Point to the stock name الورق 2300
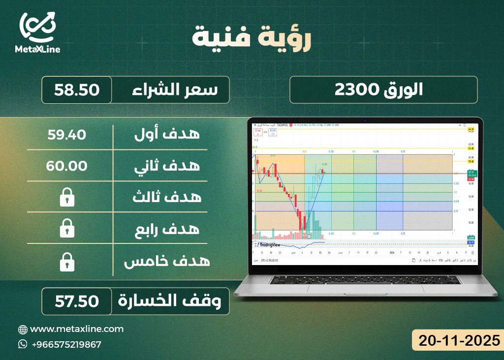pos(383,90)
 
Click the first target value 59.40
pos(66,134)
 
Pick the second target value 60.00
pos(66,166)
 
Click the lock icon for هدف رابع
pos(66,229)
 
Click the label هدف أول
pos(167,134)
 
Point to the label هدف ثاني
pos(167,166)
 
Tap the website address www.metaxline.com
pos(77,329)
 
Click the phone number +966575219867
pos(66,344)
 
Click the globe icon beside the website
pos(23,330)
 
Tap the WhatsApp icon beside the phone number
pos(23,344)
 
